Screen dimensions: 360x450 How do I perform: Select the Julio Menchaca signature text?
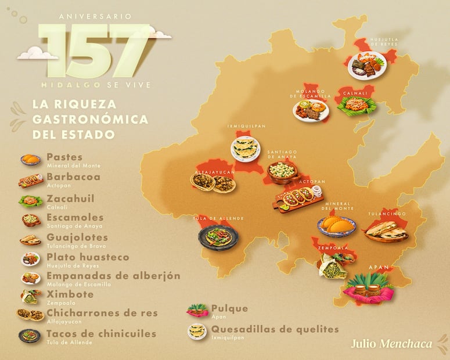391,343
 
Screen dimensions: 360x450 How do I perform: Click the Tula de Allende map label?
218,218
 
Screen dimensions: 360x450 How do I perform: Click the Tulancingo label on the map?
386,214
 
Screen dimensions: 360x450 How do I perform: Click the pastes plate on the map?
336,225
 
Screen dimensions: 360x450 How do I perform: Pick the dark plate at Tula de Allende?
218,237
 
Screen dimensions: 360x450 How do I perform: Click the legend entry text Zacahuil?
70,198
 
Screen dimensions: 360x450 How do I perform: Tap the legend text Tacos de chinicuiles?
101,333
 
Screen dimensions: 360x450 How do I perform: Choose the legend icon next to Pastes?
31,160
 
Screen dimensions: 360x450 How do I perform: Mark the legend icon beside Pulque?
197,310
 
